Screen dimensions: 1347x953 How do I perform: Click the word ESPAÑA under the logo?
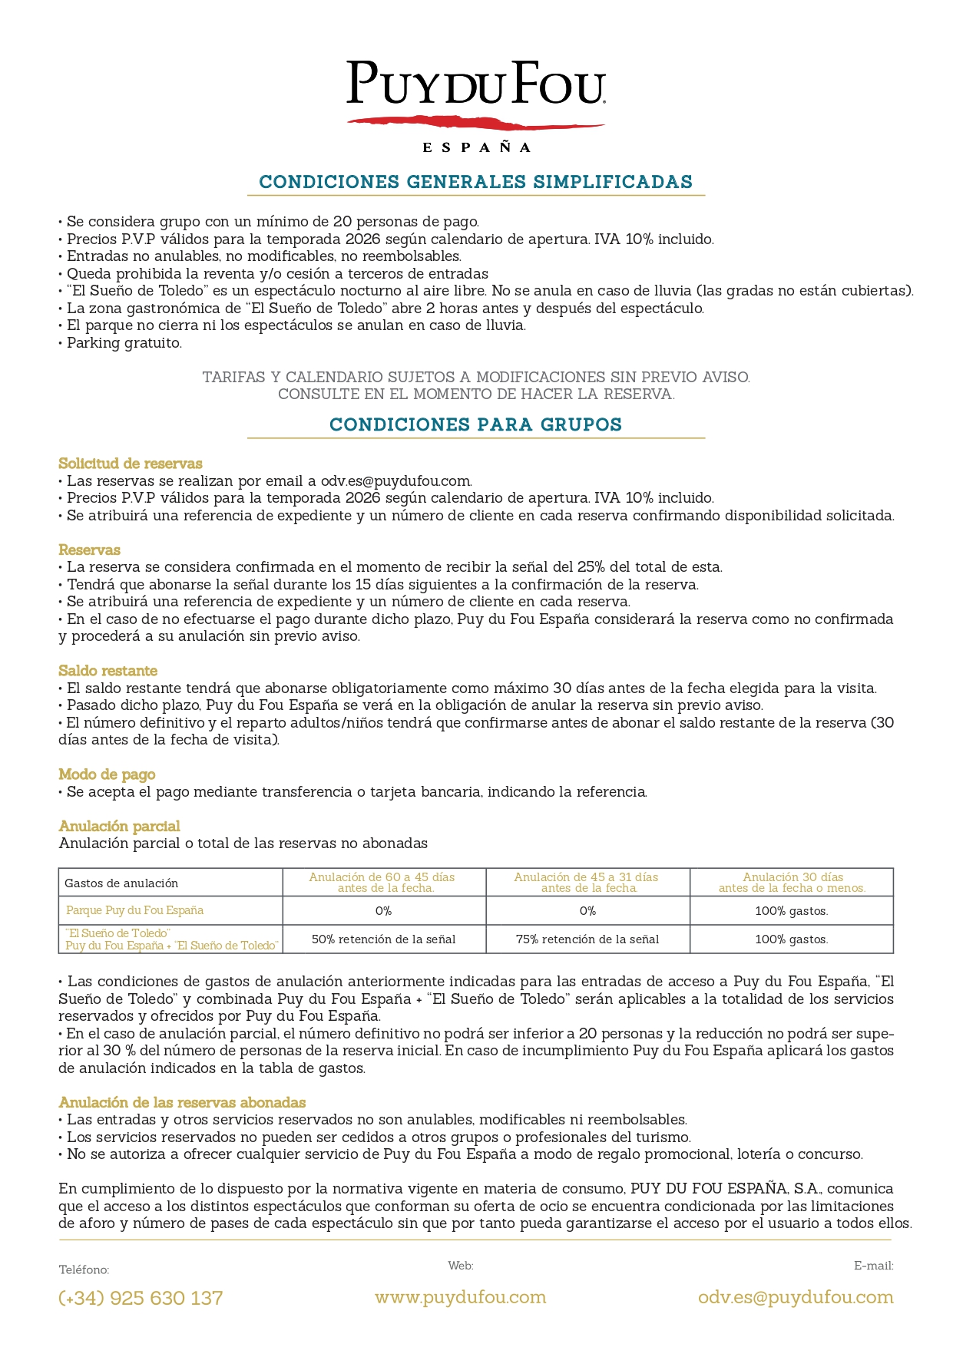click(476, 147)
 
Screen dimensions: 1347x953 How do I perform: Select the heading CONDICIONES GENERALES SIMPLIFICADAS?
click(476, 182)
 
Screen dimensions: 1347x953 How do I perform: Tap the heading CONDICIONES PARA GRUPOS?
click(476, 424)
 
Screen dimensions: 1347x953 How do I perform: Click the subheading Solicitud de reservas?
click(131, 464)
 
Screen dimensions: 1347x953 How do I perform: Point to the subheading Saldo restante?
click(108, 671)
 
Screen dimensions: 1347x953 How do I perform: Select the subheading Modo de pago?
click(107, 774)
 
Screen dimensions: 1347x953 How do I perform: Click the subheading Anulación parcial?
click(119, 826)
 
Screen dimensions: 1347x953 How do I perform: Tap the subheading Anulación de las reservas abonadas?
click(182, 1102)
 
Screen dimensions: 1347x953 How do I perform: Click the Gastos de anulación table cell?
click(121, 883)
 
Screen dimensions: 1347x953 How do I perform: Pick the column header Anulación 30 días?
click(792, 882)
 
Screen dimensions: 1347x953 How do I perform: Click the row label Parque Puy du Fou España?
click(134, 910)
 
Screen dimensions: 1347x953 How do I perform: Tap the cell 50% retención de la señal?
click(384, 939)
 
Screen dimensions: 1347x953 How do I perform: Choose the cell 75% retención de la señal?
click(587, 939)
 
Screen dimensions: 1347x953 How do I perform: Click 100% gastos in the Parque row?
click(792, 911)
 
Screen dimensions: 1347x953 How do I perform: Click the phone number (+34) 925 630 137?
click(141, 1298)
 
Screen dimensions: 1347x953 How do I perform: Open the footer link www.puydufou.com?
click(461, 1297)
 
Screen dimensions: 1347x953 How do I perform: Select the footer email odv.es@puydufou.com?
click(796, 1297)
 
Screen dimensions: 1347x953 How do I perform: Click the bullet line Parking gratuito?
click(124, 343)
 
